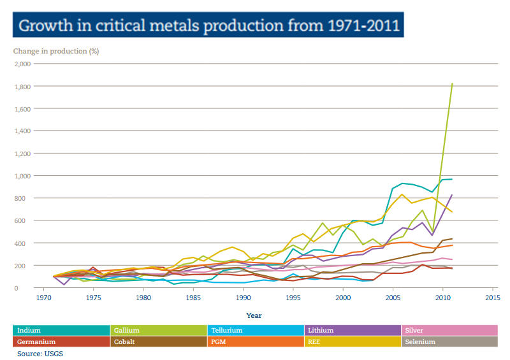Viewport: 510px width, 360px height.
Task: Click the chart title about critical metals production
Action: (x=208, y=26)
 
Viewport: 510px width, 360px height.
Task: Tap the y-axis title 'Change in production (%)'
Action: (x=56, y=50)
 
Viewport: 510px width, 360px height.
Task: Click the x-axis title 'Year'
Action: (x=254, y=315)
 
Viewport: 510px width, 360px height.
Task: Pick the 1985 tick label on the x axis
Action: (x=193, y=297)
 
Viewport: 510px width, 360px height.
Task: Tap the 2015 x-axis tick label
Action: (x=492, y=297)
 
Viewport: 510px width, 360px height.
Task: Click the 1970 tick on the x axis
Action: (x=44, y=297)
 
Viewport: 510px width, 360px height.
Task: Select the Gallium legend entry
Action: (x=159, y=330)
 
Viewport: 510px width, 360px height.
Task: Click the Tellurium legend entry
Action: (x=256, y=330)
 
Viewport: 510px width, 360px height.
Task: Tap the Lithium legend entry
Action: (x=353, y=330)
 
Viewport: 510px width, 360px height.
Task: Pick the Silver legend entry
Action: (x=449, y=330)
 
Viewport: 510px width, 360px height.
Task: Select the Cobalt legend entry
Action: (x=159, y=342)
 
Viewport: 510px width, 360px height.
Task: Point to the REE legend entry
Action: (x=353, y=342)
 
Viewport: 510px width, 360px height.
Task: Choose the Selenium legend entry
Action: (x=449, y=342)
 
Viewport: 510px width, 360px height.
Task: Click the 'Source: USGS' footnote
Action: (x=41, y=353)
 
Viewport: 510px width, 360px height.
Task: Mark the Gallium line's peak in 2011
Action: (x=452, y=83)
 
